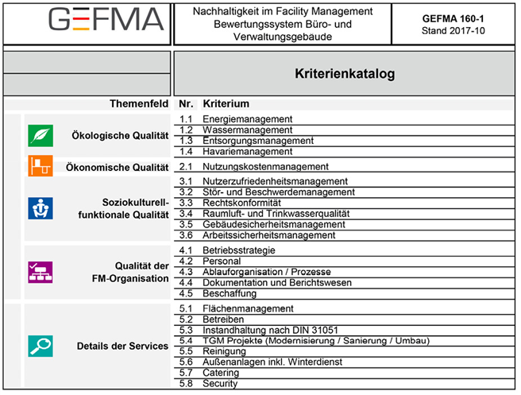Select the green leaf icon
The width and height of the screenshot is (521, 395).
40,136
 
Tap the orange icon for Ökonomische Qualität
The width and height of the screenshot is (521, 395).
40,167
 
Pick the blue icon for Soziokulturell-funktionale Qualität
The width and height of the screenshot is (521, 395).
40,208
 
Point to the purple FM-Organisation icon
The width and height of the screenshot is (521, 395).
40,272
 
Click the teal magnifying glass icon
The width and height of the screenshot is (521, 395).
40,346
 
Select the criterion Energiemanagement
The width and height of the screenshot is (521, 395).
247,119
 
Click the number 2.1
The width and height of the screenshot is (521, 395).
187,167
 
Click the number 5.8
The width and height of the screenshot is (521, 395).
187,384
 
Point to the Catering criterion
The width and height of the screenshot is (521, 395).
222,373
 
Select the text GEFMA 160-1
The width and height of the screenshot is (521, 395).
453,17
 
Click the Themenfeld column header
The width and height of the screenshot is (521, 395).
139,104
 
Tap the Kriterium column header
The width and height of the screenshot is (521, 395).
226,104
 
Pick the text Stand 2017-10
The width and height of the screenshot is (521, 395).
453,31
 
